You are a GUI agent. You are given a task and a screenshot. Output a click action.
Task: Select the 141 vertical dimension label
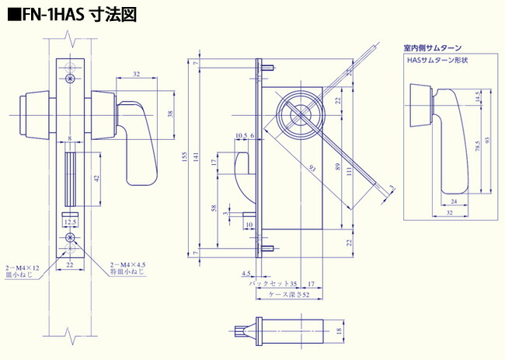pyautogui.click(x=196, y=159)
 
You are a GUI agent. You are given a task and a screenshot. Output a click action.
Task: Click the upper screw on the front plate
pyautogui.click(x=71, y=79)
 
